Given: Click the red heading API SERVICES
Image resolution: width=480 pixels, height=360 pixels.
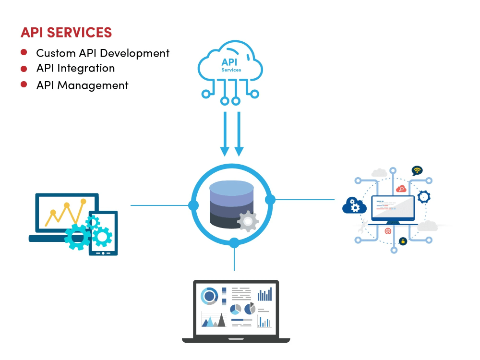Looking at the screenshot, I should pos(66,33).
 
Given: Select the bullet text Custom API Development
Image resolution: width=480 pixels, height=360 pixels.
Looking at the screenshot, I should pos(103,53).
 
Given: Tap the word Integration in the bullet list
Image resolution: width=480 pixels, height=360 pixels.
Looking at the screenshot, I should pos(86,68).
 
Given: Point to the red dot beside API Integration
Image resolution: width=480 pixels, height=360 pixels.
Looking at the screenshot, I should pos(24,68).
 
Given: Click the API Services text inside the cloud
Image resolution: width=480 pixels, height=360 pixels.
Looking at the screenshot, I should pos(231,65).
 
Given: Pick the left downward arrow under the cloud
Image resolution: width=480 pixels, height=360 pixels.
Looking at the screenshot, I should pos(225,134).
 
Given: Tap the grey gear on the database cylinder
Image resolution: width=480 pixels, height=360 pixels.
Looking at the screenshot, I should pos(248,221).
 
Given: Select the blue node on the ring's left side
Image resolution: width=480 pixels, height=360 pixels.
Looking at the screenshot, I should pos(193,205).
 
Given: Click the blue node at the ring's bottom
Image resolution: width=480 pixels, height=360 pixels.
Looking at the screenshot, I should pos(234,243).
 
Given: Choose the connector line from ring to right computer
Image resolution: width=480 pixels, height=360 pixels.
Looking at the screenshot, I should pos(305,199).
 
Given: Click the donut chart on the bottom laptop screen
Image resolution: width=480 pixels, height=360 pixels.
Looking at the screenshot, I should pos(209,296).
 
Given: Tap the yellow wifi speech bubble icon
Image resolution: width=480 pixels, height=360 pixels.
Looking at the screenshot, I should pos(417,170).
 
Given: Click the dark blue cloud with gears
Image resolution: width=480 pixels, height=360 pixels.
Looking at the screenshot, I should pos(355,206).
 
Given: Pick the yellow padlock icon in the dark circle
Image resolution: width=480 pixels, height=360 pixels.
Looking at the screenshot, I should pos(403,241).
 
